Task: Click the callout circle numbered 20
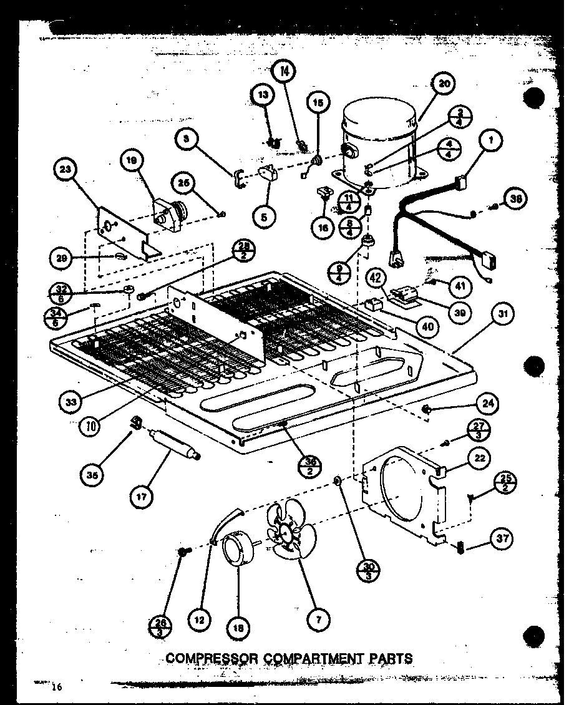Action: click(444, 84)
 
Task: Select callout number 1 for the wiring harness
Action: click(491, 142)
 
